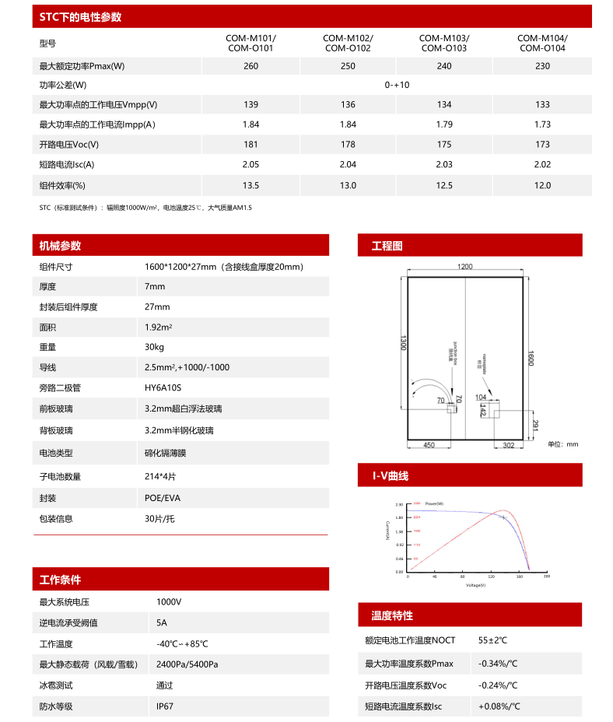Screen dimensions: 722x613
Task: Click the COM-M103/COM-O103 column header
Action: (444, 43)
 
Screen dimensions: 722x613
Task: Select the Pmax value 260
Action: (250, 66)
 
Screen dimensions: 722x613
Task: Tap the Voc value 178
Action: (348, 144)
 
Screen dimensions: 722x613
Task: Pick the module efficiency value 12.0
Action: (542, 185)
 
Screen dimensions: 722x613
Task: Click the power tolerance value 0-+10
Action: (397, 85)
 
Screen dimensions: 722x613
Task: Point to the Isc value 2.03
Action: (444, 164)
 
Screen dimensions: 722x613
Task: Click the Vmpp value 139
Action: (250, 104)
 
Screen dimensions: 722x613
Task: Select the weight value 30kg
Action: (154, 347)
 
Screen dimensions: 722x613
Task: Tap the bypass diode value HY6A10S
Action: (163, 387)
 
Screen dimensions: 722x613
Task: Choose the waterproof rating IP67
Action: (165, 706)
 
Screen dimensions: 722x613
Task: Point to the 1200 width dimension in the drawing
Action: (464, 267)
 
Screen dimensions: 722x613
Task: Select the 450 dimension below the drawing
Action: (429, 446)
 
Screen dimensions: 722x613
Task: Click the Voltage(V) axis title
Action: (475, 584)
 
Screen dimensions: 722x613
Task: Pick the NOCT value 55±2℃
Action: (492, 640)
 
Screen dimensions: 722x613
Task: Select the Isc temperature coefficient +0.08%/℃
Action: (499, 706)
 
